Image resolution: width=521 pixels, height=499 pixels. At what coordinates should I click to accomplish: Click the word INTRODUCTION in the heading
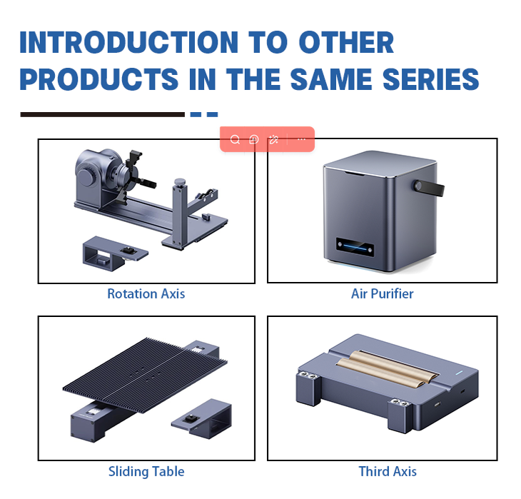tap(129, 42)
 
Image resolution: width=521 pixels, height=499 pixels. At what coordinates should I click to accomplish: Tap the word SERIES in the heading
tap(431, 79)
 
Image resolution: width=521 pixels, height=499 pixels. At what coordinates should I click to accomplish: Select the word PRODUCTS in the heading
tap(99, 79)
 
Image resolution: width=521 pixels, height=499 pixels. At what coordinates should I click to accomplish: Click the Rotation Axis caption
tap(146, 294)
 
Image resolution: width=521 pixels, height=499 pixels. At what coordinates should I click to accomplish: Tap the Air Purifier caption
tap(383, 294)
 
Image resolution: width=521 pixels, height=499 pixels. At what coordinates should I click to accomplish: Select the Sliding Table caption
tap(146, 471)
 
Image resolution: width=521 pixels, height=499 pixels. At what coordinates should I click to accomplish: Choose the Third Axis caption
tap(388, 471)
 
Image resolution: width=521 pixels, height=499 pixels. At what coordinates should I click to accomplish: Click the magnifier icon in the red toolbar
tap(235, 140)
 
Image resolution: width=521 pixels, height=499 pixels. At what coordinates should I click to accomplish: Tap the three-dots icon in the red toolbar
tap(301, 139)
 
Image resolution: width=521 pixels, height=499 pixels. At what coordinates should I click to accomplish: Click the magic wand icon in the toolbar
tap(273, 140)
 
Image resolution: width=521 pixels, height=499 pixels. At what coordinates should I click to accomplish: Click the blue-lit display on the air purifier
tap(355, 247)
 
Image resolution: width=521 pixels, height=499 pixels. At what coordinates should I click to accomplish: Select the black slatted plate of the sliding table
tap(145, 375)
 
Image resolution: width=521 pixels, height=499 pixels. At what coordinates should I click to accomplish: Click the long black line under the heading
tap(102, 114)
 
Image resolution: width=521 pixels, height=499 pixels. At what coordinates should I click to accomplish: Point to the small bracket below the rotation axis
tap(116, 253)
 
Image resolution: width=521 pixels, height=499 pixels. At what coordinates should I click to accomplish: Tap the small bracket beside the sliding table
tap(202, 419)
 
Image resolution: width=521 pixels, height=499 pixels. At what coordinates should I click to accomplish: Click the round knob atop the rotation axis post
tap(180, 182)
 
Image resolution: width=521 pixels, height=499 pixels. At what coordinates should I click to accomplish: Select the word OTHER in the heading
tap(346, 42)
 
